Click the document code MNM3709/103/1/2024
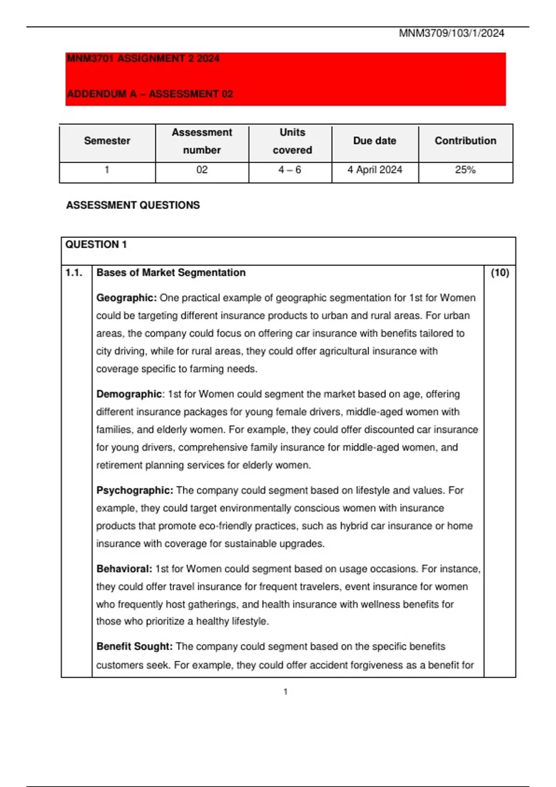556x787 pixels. pos(451,33)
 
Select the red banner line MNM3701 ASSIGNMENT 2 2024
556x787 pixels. pos(143,59)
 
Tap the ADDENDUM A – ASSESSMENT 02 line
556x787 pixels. pos(150,94)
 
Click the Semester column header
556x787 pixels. pos(107,141)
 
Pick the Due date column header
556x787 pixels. pos(374,141)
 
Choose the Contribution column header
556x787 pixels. pos(465,141)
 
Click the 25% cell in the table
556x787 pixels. pos(465,170)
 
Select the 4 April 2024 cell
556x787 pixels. pos(374,170)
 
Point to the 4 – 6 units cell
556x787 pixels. pos(290,170)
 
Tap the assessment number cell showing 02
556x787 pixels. pos(202,170)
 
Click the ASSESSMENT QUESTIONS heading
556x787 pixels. pos(133,205)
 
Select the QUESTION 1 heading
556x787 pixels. pos(96,244)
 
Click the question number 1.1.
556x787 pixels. pos(74,273)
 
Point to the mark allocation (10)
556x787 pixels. pos(499,273)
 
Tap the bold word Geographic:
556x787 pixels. pos(126,298)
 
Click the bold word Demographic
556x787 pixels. pos(129,394)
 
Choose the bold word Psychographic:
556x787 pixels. pos(134,490)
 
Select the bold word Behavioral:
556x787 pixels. pos(124,568)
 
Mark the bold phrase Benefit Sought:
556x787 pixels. pos(134,646)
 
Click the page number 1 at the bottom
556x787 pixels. pos(285,692)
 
